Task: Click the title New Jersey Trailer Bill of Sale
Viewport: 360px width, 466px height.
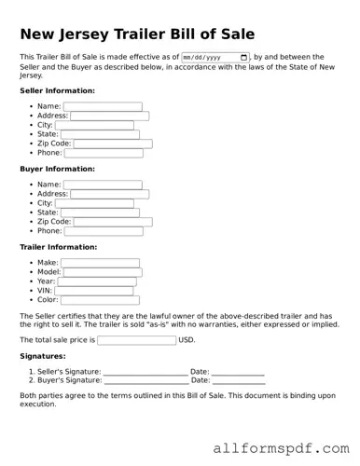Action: (x=137, y=34)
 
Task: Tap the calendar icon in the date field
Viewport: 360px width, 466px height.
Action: (x=244, y=57)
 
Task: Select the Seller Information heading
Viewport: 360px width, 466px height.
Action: (x=57, y=90)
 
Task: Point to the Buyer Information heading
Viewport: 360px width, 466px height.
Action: (x=57, y=169)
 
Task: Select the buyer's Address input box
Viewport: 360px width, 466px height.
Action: (x=110, y=194)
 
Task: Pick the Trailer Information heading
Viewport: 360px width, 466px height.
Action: (x=58, y=247)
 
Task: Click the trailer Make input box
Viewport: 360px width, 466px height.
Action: (x=100, y=263)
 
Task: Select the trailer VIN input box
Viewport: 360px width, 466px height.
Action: (x=93, y=291)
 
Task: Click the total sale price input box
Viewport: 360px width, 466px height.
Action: (x=136, y=340)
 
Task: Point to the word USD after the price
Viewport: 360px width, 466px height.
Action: (x=187, y=340)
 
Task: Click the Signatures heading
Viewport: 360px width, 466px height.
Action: (x=42, y=356)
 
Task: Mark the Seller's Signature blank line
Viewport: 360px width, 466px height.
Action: (x=145, y=372)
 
